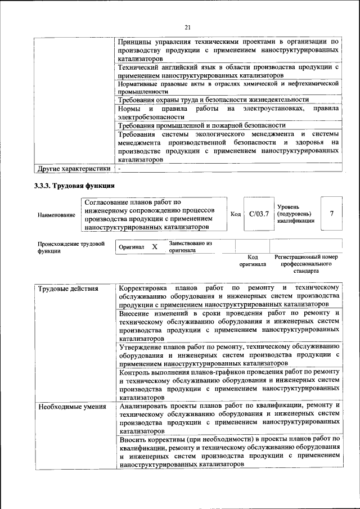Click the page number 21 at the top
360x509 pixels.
[187, 26]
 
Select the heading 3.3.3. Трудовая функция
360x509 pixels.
[74, 185]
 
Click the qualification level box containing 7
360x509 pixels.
[332, 214]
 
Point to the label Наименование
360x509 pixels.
[56, 215]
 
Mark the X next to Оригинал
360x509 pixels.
[154, 247]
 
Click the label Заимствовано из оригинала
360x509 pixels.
[190, 247]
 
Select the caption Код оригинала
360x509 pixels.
[253, 260]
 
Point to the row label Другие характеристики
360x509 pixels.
[74, 168]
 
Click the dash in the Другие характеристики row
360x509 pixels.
[119, 168]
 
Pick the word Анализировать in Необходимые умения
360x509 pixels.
[146, 405]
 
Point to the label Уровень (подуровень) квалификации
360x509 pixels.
[295, 214]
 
